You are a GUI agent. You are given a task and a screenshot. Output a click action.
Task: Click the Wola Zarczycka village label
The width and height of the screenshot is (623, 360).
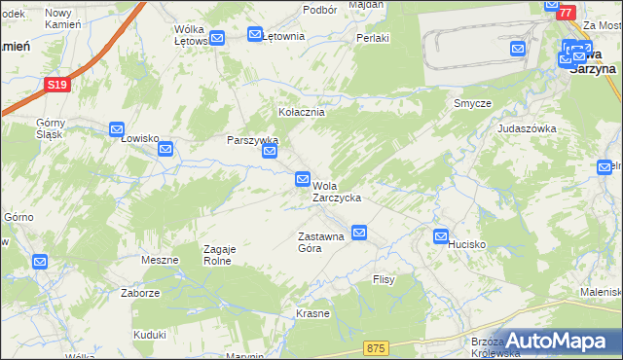pyautogui.click(x=337, y=191)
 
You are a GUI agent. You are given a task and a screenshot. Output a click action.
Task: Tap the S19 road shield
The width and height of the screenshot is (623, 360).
pyautogui.click(x=57, y=86)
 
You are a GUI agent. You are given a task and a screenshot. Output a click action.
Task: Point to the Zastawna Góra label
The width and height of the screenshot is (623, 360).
pyautogui.click(x=321, y=242)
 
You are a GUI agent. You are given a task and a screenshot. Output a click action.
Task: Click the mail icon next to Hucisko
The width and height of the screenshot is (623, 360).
pyautogui.click(x=441, y=235)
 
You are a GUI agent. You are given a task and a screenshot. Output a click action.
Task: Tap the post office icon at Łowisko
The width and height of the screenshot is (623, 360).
pyautogui.click(x=117, y=128)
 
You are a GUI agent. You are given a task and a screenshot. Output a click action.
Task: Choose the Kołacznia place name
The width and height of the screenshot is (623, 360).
pyautogui.click(x=302, y=112)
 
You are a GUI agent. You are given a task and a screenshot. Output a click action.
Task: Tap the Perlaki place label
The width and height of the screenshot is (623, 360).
pyautogui.click(x=373, y=39)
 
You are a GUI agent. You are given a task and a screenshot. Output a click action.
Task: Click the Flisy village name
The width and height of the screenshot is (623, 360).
pyautogui.click(x=383, y=279)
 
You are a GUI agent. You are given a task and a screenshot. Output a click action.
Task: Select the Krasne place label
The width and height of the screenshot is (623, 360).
pyautogui.click(x=312, y=314)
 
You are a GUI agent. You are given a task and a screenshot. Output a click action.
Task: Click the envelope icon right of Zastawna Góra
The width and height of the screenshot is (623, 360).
pyautogui.click(x=360, y=233)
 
